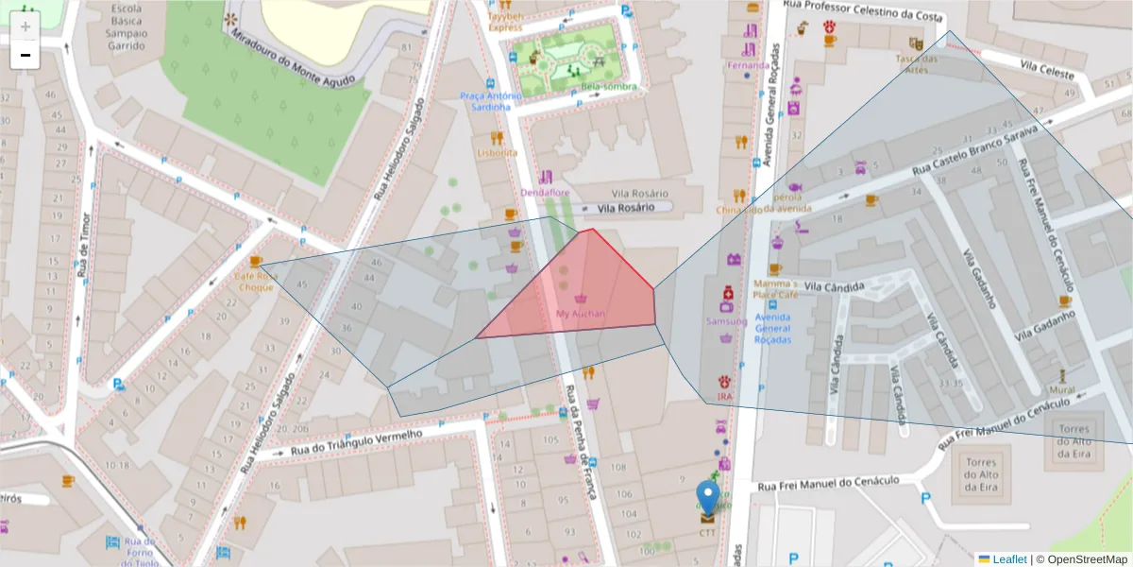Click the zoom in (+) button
pos(25,26)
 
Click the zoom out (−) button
pos(25,55)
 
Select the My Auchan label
pos(581,313)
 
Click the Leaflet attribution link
pos(1008,559)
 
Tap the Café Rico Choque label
pos(256,281)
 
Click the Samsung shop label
pos(726,321)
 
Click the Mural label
pos(1061,389)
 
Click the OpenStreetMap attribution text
pos(1082,559)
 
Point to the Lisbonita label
pos(498,152)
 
